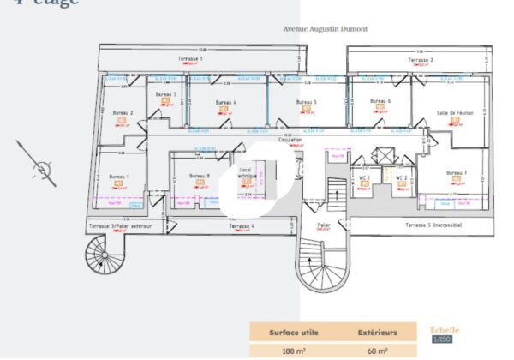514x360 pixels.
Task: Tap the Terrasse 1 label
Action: pos(191,58)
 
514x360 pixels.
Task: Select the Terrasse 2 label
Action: pos(420,60)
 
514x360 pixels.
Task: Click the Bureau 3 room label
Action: pos(167,94)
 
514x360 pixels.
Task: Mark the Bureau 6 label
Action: pos(380,100)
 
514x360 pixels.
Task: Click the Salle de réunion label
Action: pos(455,111)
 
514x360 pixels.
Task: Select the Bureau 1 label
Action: pos(119,176)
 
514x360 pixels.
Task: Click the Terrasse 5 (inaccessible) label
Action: pos(433,225)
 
